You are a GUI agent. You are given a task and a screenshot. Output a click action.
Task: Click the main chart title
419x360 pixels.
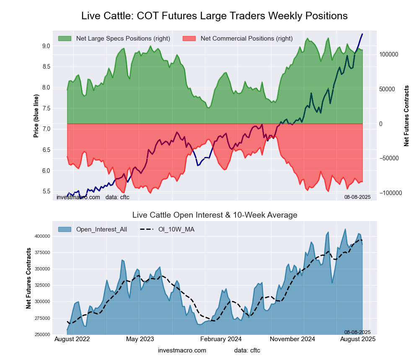(214, 16)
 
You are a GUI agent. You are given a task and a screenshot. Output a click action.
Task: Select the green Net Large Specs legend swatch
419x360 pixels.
(65, 39)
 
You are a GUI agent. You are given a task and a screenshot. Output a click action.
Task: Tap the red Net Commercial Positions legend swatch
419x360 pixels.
(189, 39)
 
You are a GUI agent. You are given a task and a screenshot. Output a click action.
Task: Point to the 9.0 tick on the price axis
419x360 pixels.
(46, 46)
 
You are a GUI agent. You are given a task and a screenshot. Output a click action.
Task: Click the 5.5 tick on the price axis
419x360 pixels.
(46, 191)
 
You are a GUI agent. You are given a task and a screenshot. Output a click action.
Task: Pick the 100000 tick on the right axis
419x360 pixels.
(388, 55)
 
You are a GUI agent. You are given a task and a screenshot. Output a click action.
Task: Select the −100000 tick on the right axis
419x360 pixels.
(390, 193)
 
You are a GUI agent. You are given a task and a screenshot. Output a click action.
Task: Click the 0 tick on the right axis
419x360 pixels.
(381, 124)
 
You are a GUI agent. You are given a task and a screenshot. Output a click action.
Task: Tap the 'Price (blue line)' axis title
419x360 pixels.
(36, 116)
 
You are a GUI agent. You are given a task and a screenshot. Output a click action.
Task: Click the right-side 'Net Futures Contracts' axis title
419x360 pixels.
(406, 116)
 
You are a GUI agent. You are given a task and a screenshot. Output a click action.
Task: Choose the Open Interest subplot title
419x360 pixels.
(215, 215)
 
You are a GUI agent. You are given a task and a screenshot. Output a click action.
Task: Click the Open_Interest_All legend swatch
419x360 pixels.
(65, 229)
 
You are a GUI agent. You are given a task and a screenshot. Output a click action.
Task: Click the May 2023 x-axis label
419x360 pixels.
(140, 339)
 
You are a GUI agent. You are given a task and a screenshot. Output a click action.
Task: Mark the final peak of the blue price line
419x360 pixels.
(362, 34)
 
